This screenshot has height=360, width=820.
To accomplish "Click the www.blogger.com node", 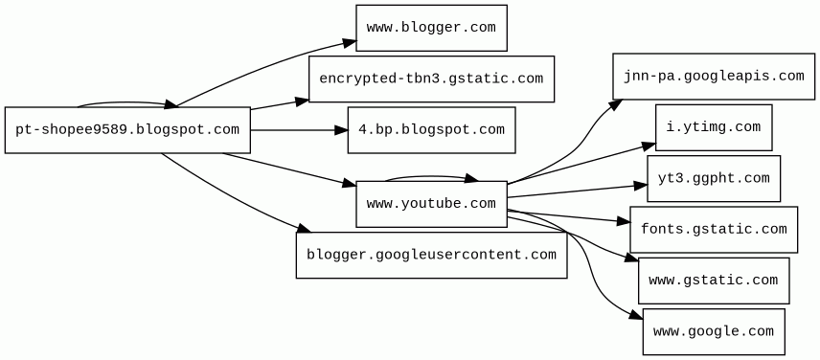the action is pyautogui.click(x=431, y=28).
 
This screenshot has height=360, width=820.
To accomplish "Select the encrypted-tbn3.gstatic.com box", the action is pyautogui.click(x=431, y=79).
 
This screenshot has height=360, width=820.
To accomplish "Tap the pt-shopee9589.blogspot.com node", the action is pyautogui.click(x=127, y=130).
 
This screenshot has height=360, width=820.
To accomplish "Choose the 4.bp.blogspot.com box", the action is pyautogui.click(x=431, y=130).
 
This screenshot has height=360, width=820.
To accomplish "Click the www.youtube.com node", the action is pyautogui.click(x=431, y=204).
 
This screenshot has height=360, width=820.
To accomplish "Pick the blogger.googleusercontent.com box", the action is pyautogui.click(x=431, y=255).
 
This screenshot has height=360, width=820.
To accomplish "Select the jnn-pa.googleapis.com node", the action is pyautogui.click(x=714, y=77).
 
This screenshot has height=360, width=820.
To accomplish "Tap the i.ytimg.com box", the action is pyautogui.click(x=714, y=127).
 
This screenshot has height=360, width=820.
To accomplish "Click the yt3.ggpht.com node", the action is pyautogui.click(x=714, y=178).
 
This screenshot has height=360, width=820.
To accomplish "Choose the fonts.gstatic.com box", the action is pyautogui.click(x=714, y=230).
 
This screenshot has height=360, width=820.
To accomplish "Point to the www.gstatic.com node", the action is pyautogui.click(x=714, y=281).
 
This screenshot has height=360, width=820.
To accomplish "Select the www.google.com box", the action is pyautogui.click(x=714, y=332).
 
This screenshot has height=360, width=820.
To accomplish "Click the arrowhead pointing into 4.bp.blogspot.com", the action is pyautogui.click(x=341, y=130).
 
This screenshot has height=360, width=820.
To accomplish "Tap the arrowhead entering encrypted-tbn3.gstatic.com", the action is pyautogui.click(x=303, y=101).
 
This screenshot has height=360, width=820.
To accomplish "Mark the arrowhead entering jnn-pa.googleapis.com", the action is pyautogui.click(x=616, y=104).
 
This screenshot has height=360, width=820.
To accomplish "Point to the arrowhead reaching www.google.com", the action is pyautogui.click(x=636, y=315).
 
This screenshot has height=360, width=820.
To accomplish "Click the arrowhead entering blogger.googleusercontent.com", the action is pyautogui.click(x=305, y=228).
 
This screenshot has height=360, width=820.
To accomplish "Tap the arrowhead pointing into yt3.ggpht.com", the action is pyautogui.click(x=641, y=186).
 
